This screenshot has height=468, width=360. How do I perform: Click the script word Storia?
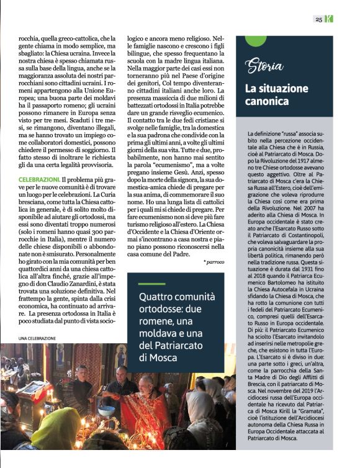tap(264, 65)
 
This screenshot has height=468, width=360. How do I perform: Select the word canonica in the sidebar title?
tap(266, 101)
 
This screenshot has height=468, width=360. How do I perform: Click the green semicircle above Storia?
tap(256, 40)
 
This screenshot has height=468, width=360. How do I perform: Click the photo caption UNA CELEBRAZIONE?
tap(37, 338)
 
